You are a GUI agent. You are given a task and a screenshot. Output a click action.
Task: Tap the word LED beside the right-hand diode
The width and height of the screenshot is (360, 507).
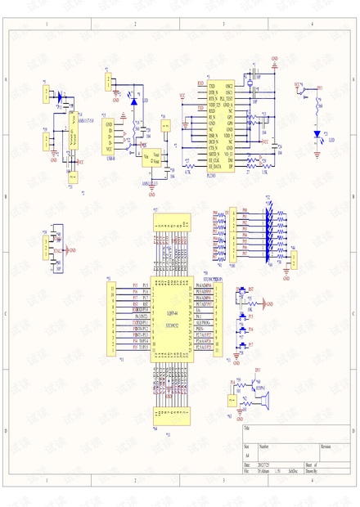331,140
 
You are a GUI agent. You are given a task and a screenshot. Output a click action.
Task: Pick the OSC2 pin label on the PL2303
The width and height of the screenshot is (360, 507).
230,86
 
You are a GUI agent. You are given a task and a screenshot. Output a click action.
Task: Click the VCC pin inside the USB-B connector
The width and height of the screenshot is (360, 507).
110,150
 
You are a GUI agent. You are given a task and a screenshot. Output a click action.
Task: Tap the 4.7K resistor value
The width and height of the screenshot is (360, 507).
188,172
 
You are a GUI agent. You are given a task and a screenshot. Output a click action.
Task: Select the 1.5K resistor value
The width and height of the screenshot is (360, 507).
263,172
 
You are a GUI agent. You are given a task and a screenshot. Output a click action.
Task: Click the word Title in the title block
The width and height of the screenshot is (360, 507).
247,428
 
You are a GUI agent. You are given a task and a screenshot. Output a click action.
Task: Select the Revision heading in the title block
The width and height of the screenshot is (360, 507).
326,447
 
